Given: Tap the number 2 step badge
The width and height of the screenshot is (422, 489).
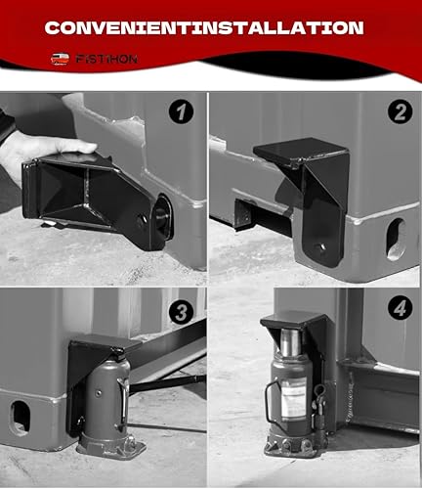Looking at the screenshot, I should (x=399, y=111).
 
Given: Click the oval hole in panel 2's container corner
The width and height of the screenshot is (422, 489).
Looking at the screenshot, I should (x=396, y=239).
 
